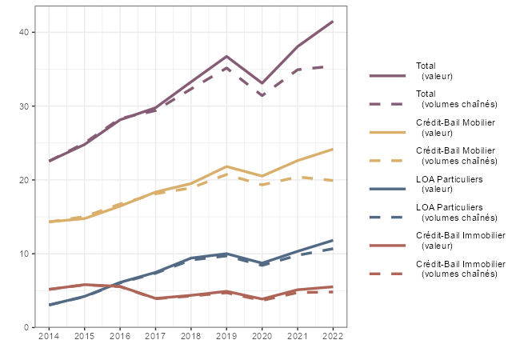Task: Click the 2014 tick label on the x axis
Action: [49, 337]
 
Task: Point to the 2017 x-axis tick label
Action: [155, 337]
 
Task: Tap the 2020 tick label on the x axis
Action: [262, 337]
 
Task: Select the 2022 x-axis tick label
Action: [333, 337]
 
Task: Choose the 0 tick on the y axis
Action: [27, 327]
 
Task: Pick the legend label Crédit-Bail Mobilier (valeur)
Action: [455, 128]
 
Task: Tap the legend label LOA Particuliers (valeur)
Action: [450, 184]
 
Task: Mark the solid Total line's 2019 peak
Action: [226, 57]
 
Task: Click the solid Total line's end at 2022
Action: [333, 21]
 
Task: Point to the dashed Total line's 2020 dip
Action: [262, 96]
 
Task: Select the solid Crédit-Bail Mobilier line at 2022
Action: [333, 150]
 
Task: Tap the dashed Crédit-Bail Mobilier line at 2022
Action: [333, 181]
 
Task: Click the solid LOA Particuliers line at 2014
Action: [49, 305]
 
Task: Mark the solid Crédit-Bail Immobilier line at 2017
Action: [155, 298]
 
